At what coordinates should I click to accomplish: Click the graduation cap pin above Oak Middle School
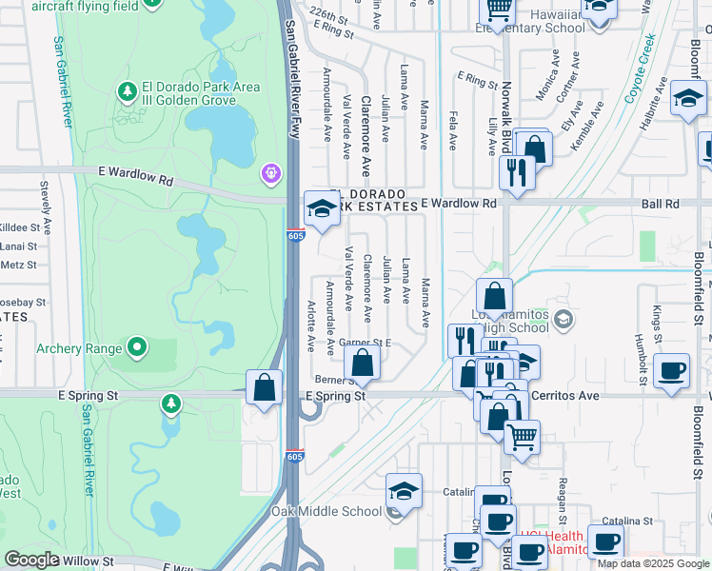[x=404, y=492]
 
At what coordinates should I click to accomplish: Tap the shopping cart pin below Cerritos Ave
[x=522, y=438]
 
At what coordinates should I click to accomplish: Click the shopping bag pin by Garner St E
[x=362, y=363]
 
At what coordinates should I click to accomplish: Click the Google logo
[x=31, y=560]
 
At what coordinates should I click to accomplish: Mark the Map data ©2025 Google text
[x=653, y=563]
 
